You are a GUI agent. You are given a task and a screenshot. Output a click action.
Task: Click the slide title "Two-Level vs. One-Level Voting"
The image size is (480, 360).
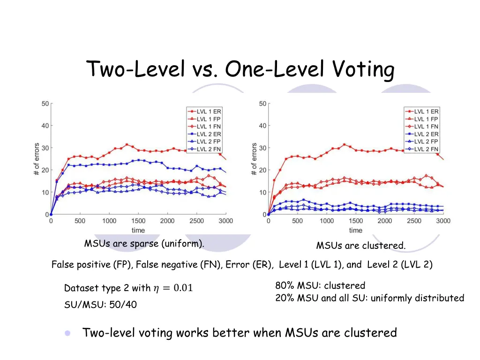tap(240, 70)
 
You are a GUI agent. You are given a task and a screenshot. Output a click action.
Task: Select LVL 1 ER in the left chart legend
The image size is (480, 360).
tap(209, 111)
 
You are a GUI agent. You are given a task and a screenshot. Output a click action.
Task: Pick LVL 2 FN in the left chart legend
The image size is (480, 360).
tap(209, 149)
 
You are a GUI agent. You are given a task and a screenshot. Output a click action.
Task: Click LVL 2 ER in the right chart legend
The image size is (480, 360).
tap(426, 134)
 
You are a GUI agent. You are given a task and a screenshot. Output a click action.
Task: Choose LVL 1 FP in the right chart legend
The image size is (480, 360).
tap(426, 119)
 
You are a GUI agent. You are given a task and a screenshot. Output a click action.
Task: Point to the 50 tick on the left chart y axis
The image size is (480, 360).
tap(45, 104)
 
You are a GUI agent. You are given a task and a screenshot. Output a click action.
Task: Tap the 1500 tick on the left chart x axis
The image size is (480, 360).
tap(138, 221)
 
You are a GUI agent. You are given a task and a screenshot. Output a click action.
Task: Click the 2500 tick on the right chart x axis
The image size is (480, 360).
tap(414, 221)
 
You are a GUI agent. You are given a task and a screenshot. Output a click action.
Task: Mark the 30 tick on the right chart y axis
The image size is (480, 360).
tap(262, 148)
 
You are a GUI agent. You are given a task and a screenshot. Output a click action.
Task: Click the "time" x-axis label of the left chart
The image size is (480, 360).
tap(138, 230)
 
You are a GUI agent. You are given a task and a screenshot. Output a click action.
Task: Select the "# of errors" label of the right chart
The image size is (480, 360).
tap(254, 159)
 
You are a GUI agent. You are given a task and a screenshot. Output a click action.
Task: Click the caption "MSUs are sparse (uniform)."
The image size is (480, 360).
tap(144, 244)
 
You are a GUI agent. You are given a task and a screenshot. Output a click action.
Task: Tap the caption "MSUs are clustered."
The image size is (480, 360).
tap(360, 246)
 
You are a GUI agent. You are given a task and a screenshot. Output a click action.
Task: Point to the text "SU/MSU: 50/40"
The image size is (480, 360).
tap(100, 305)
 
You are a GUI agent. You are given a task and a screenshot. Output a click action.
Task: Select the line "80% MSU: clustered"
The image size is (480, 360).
tap(320, 285)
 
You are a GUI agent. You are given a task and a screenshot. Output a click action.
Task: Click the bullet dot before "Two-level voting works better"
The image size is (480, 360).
tap(68, 333)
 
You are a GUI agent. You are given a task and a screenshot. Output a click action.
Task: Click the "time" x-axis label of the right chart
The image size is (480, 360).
tap(355, 230)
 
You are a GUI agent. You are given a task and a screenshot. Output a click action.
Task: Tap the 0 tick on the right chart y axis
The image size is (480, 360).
tap(264, 215)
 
